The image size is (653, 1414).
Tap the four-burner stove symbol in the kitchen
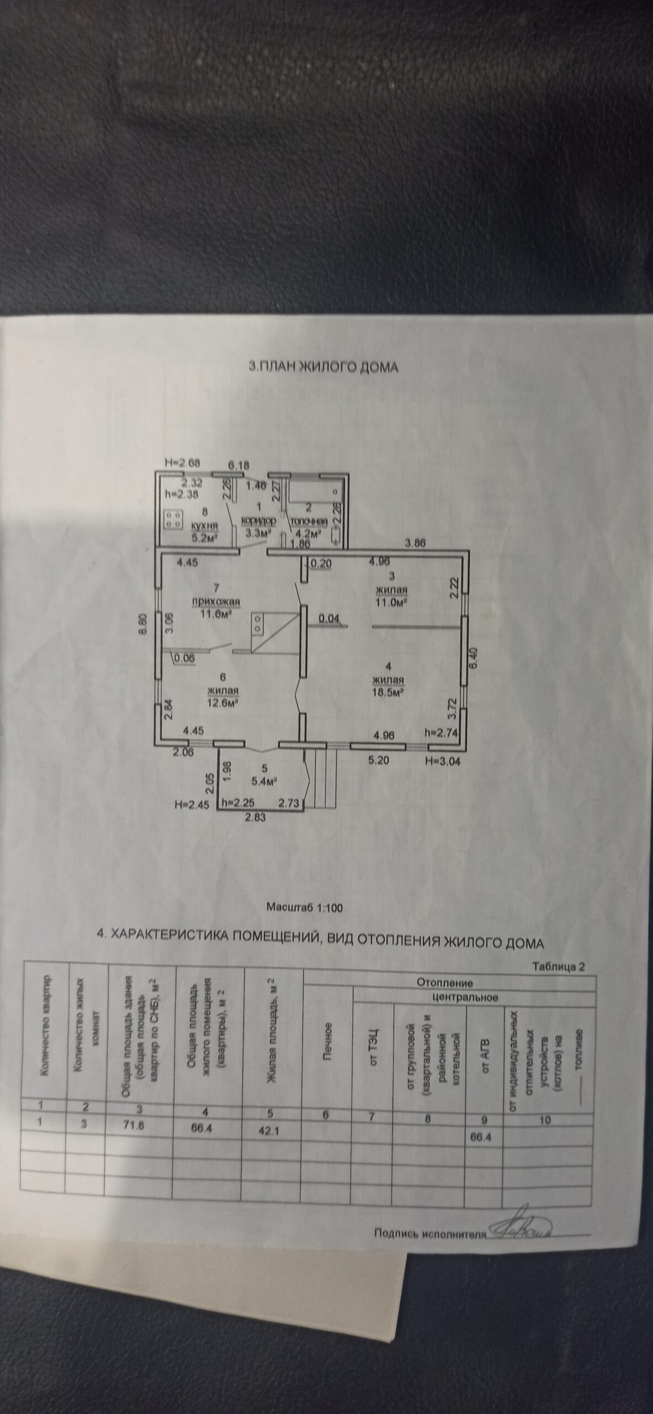coord(174,518)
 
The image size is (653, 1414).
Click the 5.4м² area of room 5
coord(263,781)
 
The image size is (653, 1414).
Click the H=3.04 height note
coord(443,761)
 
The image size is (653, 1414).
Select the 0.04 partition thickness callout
coord(329,618)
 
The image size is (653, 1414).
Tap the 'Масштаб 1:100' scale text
coord(305,907)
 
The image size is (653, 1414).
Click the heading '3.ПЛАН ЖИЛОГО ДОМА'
coord(323,367)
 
